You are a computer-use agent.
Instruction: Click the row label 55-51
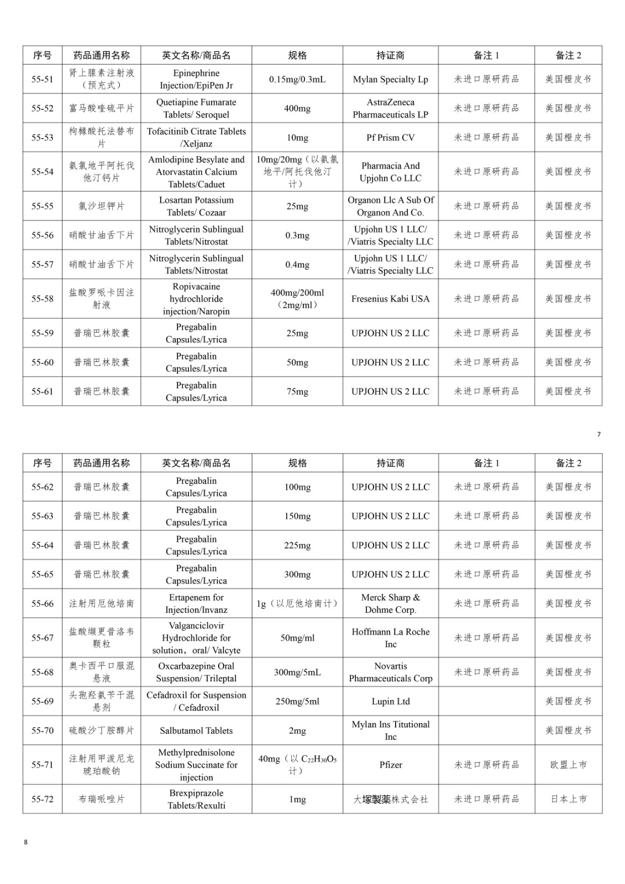(43, 80)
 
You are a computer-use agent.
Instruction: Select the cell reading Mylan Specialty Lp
(390, 80)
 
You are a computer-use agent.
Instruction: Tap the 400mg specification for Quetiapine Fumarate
(297, 109)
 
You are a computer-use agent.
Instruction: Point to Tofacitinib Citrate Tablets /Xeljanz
(196, 138)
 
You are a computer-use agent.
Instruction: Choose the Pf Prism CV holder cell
(390, 138)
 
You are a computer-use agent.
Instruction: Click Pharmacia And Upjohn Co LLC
(390, 172)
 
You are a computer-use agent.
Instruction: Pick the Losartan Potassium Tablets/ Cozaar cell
(196, 206)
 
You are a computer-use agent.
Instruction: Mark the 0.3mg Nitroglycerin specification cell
(297, 235)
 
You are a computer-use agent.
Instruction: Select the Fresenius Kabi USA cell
(390, 299)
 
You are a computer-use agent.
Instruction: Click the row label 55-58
(43, 299)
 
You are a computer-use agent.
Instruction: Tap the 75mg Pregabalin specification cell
(297, 392)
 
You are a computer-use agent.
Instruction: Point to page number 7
(598, 434)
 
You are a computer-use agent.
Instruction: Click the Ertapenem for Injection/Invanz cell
(196, 603)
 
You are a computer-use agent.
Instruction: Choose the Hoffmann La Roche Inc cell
(390, 638)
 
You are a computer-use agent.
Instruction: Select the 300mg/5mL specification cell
(297, 672)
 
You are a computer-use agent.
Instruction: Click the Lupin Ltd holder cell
(390, 701)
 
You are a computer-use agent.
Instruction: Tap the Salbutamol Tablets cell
(196, 730)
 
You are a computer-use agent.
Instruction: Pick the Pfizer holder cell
(390, 765)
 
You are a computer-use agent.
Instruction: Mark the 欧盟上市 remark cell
(568, 765)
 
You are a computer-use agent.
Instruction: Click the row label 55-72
(43, 799)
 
